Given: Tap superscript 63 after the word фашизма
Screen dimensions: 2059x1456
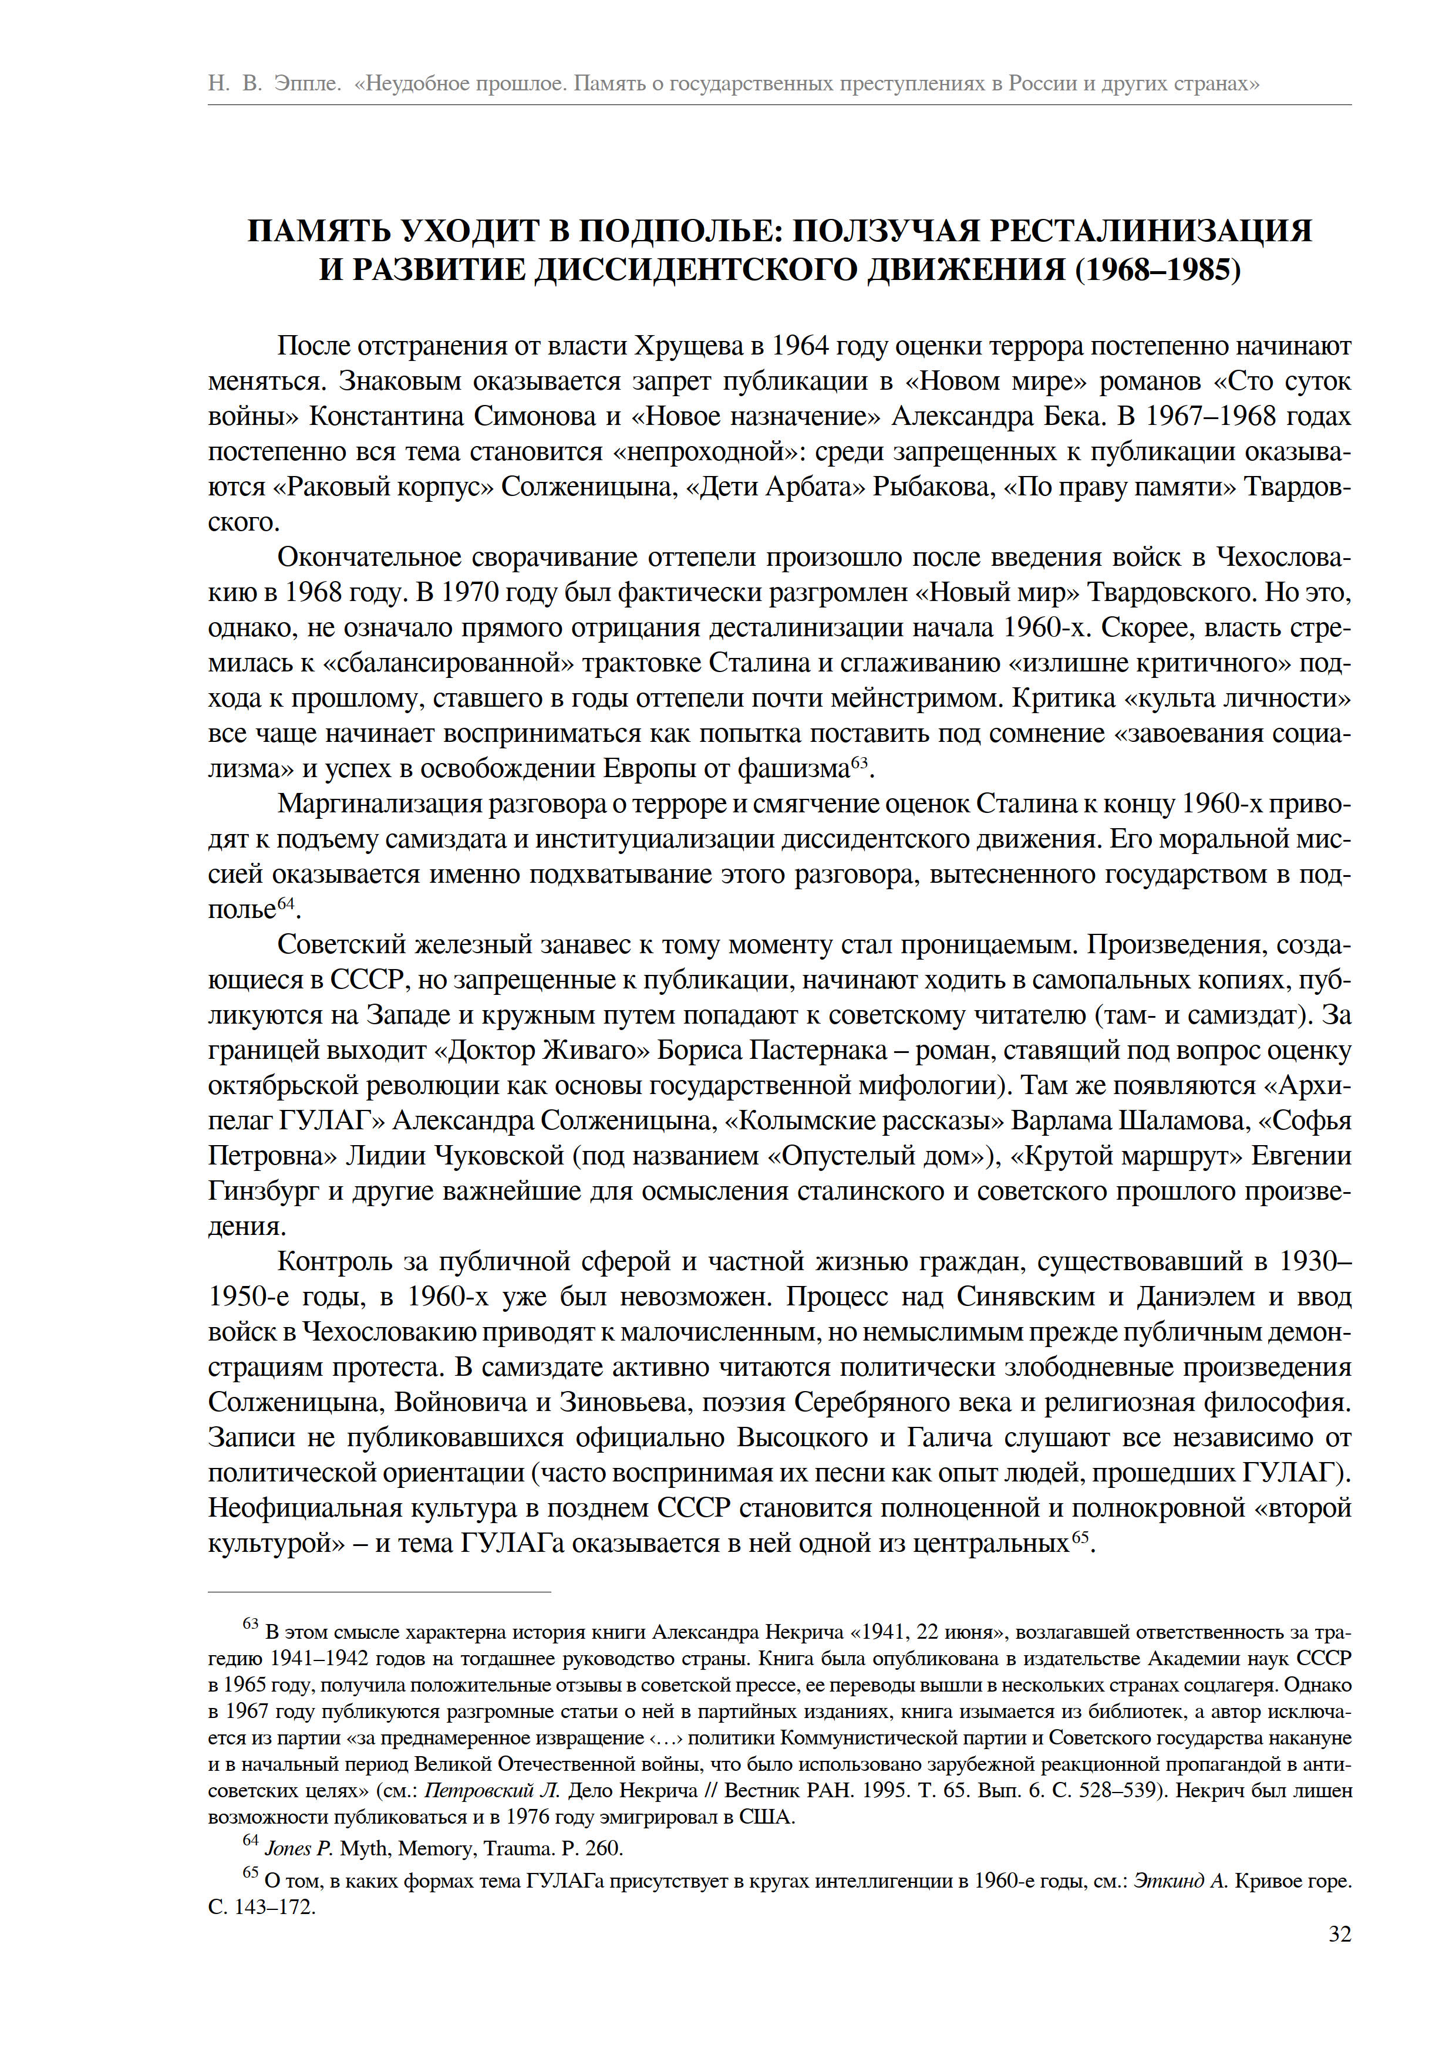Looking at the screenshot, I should [860, 762].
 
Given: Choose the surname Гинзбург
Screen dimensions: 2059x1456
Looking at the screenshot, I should [264, 1192].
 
